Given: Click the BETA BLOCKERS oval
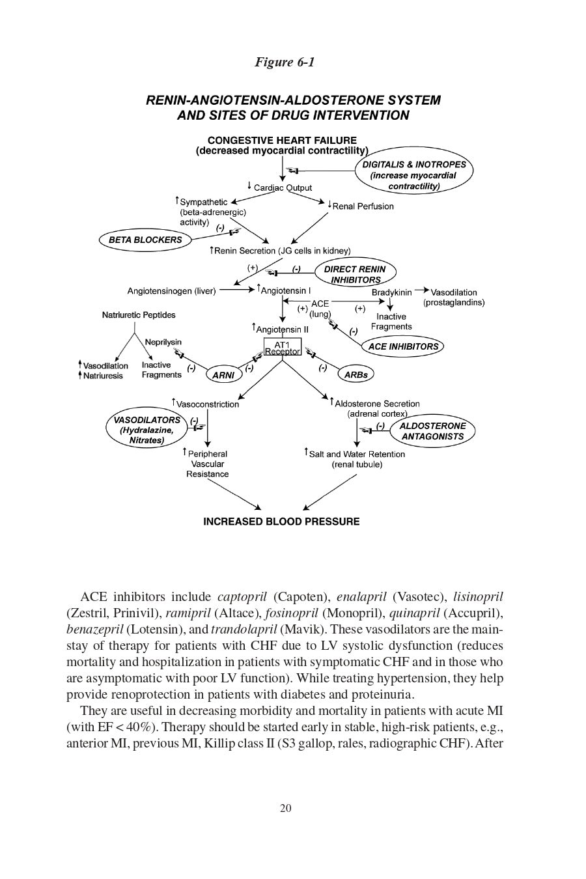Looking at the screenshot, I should (145, 240).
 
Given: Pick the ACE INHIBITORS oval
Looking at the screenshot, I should (403, 346).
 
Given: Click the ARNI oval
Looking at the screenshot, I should (223, 375).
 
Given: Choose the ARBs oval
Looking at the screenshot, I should (356, 374).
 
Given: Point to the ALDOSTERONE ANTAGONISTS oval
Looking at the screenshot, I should (432, 431).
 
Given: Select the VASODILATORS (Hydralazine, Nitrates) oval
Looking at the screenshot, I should (146, 430).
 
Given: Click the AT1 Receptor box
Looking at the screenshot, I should (282, 348).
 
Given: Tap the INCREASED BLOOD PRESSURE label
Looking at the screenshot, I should (281, 522).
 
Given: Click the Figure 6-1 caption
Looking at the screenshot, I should (285, 63).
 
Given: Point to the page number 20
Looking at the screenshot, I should (285, 808).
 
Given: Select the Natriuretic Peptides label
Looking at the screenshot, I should (139, 315).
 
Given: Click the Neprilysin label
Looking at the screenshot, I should (163, 342).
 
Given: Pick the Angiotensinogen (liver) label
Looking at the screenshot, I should (171, 291).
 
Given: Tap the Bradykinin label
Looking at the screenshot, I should (391, 292).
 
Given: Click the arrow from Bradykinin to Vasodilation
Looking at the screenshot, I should (422, 290).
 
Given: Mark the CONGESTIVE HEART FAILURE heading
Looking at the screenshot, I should (282, 140).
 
